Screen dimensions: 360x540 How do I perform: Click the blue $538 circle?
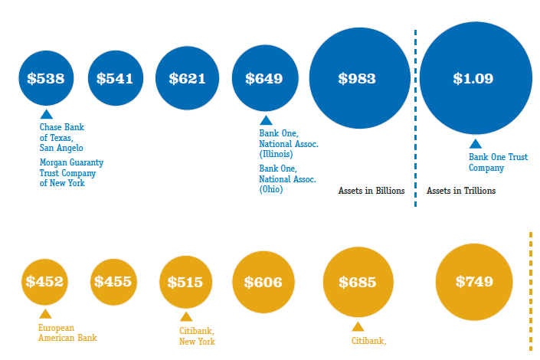46,78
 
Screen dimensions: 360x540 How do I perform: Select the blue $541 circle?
116,78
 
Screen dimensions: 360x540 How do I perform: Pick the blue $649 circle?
264,78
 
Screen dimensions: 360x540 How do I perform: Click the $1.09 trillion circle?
474,78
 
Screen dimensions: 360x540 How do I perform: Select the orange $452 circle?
44,282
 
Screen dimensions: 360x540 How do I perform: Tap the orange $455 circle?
113,282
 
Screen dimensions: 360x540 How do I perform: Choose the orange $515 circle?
185,282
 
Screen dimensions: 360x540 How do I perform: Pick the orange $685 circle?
358,282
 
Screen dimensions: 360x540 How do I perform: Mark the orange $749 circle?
474,282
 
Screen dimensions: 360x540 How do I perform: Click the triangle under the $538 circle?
46,114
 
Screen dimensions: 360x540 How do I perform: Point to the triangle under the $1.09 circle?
475,143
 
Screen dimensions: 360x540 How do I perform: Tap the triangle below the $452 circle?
45,313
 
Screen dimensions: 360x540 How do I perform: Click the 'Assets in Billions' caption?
371,191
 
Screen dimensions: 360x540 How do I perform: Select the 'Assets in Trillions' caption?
461,191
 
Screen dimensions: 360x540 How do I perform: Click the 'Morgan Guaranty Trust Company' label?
71,173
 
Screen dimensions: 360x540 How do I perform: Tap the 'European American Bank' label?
67,332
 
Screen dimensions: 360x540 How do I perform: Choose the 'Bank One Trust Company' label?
498,162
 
